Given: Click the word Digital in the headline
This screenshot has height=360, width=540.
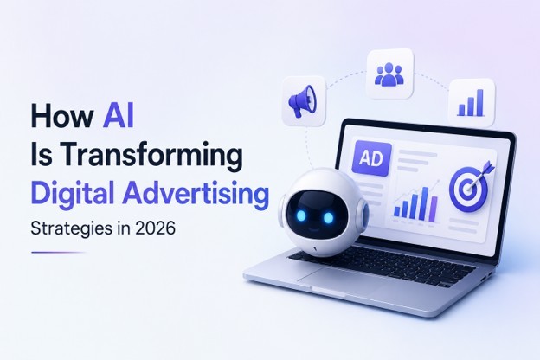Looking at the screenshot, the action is pyautogui.click(x=73, y=194).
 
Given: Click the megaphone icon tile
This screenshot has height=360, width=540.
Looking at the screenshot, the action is pyautogui.click(x=304, y=100).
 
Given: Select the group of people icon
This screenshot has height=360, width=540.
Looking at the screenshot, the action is pyautogui.click(x=389, y=74).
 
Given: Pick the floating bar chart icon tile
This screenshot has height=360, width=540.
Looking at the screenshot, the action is pyautogui.click(x=472, y=103).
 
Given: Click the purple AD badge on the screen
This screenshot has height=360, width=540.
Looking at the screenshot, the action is pyautogui.click(x=371, y=159).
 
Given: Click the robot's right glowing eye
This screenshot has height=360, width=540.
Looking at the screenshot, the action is pyautogui.click(x=328, y=217).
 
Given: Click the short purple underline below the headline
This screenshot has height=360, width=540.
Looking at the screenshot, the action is pyautogui.click(x=59, y=253).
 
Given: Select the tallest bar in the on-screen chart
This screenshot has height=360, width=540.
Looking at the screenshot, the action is pyautogui.click(x=426, y=204).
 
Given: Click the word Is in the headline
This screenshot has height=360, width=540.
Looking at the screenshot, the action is pyautogui.click(x=42, y=156).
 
